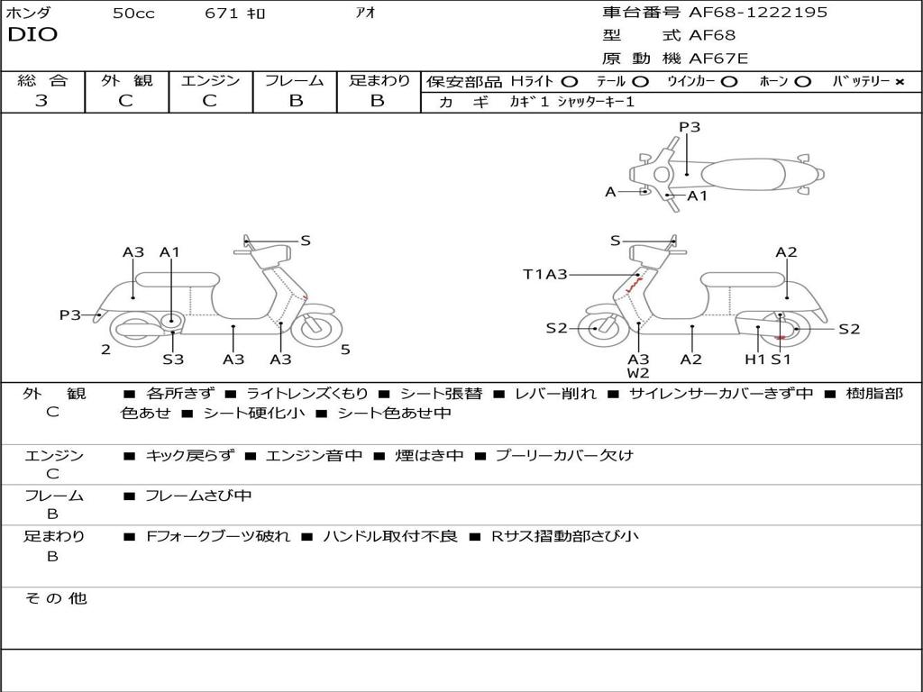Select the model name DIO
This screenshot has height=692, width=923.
coord(32,35)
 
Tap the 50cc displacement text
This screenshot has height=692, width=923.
coord(133,14)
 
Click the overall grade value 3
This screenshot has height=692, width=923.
coord(41,101)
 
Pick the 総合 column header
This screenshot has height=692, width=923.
coord(42,81)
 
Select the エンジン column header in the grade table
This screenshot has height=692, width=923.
coord(210,81)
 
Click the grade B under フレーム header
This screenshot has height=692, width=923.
coord(296,101)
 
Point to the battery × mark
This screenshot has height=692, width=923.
coord(900,82)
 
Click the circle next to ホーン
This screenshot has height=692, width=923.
coord(802,82)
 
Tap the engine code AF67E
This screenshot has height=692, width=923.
coord(718,59)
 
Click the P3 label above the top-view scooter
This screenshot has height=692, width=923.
coord(690,127)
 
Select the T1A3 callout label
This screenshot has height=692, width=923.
coord(545,275)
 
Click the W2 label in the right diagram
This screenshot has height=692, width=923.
coord(638,373)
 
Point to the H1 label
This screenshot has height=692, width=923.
coord(754,360)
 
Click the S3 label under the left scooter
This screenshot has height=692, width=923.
coord(173,360)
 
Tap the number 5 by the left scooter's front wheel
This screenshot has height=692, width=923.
coord(345,350)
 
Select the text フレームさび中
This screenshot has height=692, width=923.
coord(198,496)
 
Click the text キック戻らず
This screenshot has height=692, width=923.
coord(188,456)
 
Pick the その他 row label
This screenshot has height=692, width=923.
coord(55,598)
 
